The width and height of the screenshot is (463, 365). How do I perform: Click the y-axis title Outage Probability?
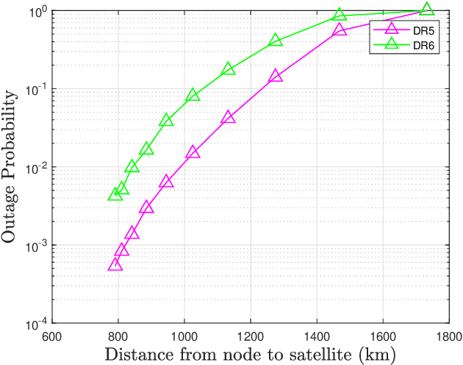coord(10,167)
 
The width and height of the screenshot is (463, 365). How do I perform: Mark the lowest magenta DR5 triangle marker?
coord(115,264)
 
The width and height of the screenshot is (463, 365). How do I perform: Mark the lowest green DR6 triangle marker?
coord(115,194)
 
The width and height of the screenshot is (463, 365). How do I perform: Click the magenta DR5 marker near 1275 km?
coord(276,76)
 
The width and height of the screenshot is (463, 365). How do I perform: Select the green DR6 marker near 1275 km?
coord(276,40)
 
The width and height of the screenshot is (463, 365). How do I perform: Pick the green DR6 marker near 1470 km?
coord(340,15)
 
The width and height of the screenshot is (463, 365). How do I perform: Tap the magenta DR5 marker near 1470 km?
coord(340,30)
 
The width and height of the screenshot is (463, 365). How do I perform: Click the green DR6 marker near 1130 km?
coord(228,68)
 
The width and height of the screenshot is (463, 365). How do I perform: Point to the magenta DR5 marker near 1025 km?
coord(193,152)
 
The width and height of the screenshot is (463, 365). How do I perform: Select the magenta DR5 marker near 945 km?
coord(166,181)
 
